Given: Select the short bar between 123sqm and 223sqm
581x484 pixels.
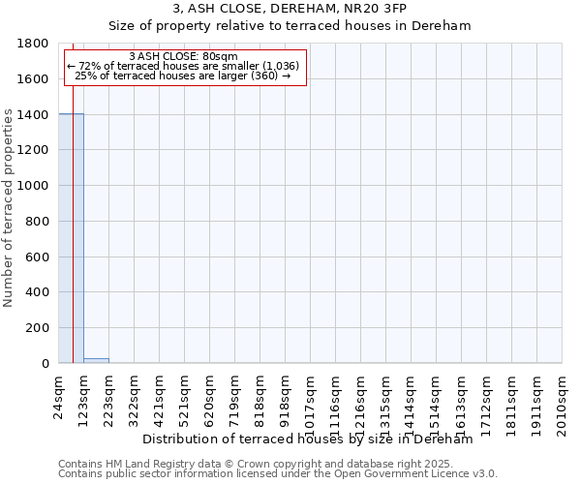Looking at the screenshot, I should point(96,360).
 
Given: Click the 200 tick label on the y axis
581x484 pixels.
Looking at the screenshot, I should point(39,328).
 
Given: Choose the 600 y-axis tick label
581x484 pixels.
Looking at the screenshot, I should point(39,257).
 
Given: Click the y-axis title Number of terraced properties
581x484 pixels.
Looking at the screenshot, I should point(10,208).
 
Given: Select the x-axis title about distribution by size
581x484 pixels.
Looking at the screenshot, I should point(307,439).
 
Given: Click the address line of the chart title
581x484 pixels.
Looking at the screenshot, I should point(290,9).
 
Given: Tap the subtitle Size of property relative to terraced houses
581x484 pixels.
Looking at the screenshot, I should point(290,26).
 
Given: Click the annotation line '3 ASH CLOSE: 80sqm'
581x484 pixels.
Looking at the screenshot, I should point(182,56).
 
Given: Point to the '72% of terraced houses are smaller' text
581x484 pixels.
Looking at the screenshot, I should point(182,66).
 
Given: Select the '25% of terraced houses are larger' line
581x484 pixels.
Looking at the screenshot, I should point(182,76).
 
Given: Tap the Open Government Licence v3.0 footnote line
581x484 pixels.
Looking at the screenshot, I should point(278,473).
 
